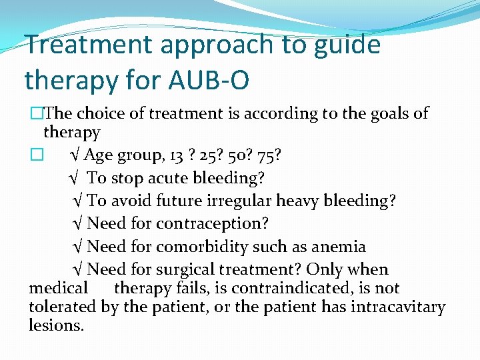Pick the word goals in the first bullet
(x=389, y=114)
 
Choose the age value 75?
(x=269, y=155)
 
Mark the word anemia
(x=337, y=247)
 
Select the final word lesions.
(x=57, y=326)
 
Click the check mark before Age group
(x=75, y=155)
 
